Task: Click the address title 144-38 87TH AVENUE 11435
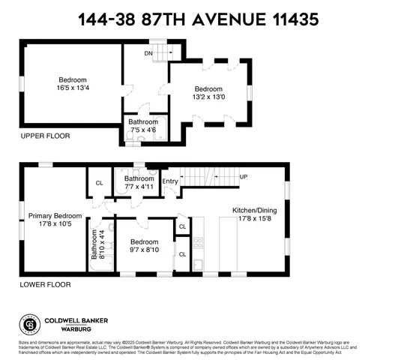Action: [199, 16]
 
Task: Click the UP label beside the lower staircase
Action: [244, 177]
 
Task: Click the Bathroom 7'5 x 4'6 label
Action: [142, 124]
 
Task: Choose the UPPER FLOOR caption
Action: [44, 136]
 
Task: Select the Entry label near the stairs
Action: [170, 181]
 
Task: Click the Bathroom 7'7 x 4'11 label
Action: [139, 183]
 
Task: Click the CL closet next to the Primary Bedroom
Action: [99, 182]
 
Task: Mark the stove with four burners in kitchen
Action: [198, 242]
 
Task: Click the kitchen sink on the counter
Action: [197, 264]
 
